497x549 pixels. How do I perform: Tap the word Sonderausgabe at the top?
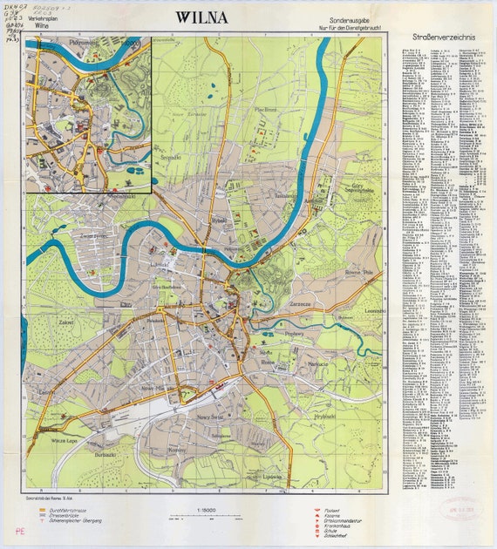point(351,18)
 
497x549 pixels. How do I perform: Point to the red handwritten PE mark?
point(19,529)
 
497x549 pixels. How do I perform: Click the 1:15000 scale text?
point(205,500)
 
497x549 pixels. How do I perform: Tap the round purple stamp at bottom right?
point(459,510)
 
